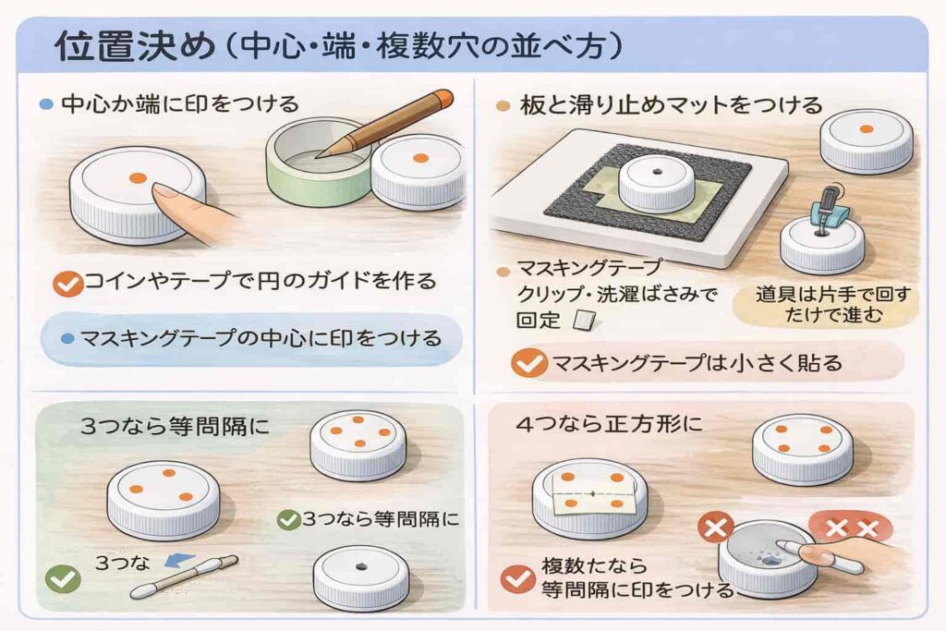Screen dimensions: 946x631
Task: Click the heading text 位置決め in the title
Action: [135, 46]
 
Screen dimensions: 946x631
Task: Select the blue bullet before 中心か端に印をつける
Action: [46, 104]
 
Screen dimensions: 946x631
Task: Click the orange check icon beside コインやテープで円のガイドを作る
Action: [67, 284]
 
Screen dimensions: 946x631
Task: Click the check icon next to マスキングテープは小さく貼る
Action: [529, 364]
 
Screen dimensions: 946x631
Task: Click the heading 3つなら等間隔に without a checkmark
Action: [175, 427]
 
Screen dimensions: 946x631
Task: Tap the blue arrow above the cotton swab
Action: [179, 561]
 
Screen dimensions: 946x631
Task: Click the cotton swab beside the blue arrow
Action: [185, 576]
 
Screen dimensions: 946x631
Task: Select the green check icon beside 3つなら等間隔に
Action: [288, 519]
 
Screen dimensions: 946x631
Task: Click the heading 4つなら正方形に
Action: [610, 424]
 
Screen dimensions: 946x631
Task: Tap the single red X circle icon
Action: [716, 529]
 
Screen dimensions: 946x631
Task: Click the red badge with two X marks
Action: [851, 528]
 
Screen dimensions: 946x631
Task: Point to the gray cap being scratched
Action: [769, 558]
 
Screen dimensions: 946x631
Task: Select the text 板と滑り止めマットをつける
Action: [671, 105]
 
